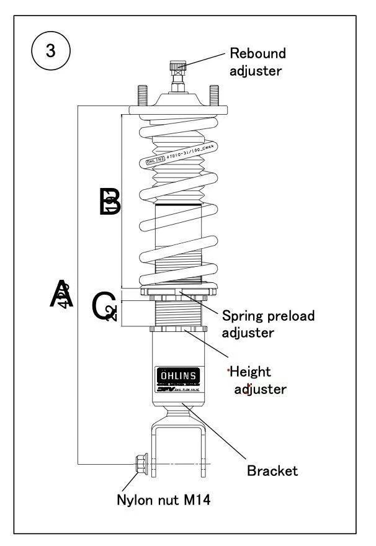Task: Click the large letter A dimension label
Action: tap(62, 294)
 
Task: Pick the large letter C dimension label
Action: tap(103, 307)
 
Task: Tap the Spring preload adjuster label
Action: tap(268, 324)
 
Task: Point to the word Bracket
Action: tap(272, 470)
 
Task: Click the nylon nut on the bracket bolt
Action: tap(140, 463)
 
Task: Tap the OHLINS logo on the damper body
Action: tap(178, 376)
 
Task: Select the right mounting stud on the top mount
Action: tap(214, 95)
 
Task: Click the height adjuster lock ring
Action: tap(179, 329)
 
